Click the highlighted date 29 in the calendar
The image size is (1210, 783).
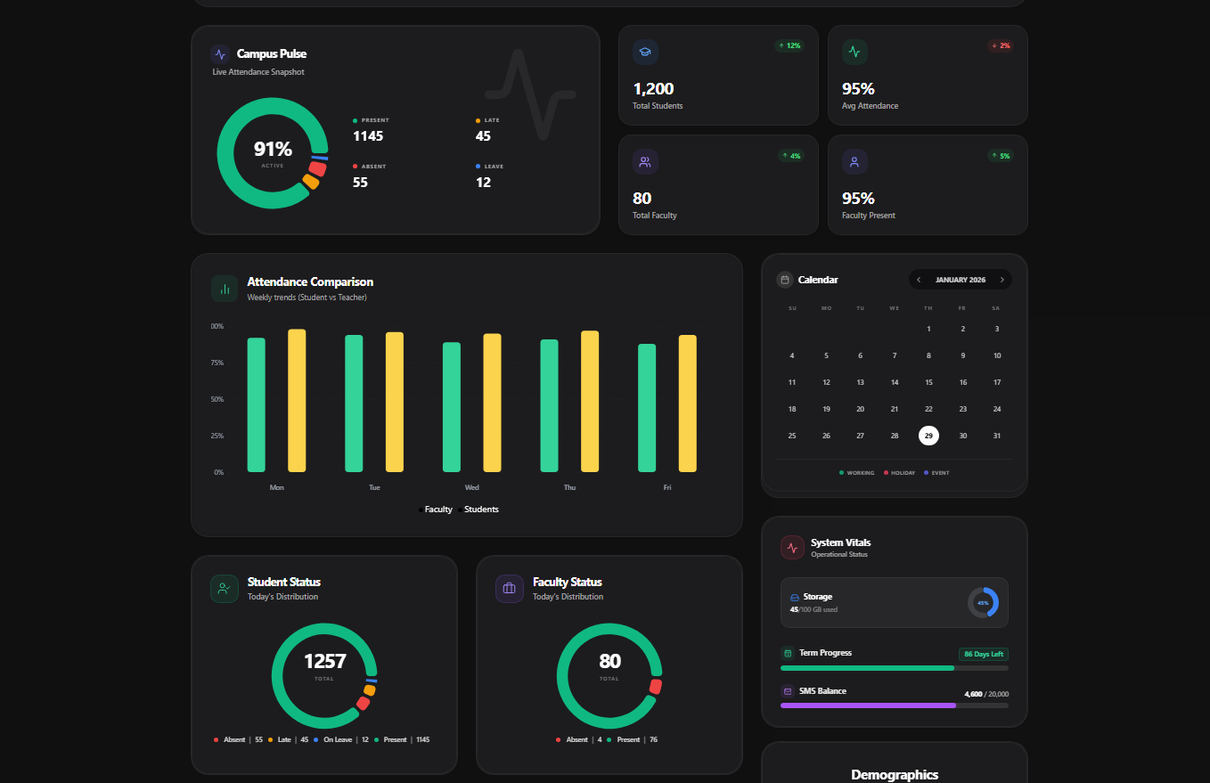click(928, 436)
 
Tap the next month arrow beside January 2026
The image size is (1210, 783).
click(1002, 280)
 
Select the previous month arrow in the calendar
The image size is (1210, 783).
click(920, 280)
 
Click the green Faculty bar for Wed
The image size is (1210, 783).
click(452, 407)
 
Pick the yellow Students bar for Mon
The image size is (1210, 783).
click(297, 401)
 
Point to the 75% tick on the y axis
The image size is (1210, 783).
click(217, 363)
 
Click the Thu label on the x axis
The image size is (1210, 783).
click(569, 488)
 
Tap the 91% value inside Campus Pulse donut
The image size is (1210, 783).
click(273, 150)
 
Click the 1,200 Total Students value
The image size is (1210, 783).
click(653, 89)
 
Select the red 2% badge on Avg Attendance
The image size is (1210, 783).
click(1000, 45)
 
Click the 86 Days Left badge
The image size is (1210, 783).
click(983, 654)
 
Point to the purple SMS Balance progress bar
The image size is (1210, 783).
click(868, 706)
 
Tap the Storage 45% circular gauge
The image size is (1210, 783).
click(983, 602)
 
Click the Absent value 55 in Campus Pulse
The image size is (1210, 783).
click(360, 183)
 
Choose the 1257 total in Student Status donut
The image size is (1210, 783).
click(324, 662)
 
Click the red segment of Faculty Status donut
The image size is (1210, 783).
click(656, 687)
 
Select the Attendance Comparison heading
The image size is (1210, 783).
click(310, 282)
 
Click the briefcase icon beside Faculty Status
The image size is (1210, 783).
click(510, 589)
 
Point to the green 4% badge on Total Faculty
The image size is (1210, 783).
click(791, 156)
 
